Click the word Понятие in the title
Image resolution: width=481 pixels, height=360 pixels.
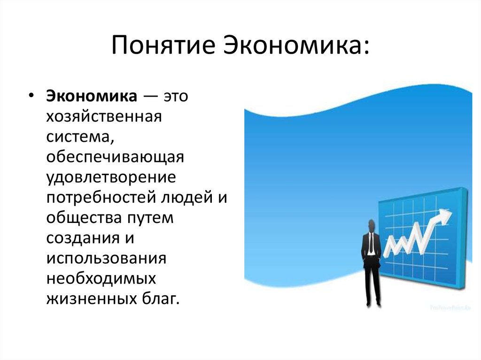(163, 45)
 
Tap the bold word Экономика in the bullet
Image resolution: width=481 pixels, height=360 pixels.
(92, 96)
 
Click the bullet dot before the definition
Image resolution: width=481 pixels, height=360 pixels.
(31, 95)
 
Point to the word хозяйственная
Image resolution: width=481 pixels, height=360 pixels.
(104, 117)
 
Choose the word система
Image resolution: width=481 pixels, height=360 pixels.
(80, 137)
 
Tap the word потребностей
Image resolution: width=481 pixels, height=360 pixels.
(101, 198)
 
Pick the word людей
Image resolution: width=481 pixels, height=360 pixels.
(187, 198)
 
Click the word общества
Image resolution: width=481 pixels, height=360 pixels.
(84, 218)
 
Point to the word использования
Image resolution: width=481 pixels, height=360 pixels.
(106, 259)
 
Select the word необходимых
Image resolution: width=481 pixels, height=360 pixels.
(101, 279)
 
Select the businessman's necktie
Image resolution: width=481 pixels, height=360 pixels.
(371, 243)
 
